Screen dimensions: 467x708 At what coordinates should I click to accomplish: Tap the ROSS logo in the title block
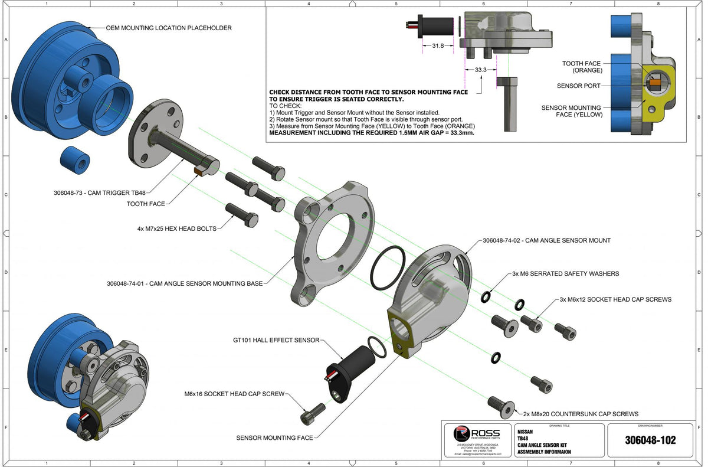click(477, 434)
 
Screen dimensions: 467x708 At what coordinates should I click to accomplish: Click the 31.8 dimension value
click(437, 45)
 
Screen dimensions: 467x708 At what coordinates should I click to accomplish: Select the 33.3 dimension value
click(481, 70)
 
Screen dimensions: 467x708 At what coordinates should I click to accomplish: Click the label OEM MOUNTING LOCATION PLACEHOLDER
click(168, 28)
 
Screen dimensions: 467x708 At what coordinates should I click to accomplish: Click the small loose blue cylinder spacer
click(76, 161)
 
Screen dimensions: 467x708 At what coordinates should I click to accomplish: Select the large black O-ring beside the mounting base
click(388, 269)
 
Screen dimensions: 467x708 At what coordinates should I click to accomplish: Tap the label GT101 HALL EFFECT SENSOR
click(276, 340)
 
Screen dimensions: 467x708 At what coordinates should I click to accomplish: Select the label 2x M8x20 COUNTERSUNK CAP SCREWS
click(581, 414)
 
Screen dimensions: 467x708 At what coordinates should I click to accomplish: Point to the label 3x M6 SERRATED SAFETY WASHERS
click(565, 274)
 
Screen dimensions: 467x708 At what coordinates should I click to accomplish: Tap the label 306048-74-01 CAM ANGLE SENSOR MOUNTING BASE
click(185, 283)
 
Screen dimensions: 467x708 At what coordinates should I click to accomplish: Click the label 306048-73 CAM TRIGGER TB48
click(98, 192)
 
